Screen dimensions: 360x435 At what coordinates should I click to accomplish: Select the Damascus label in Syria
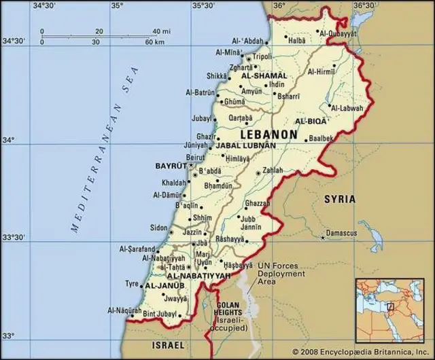pos(341,233)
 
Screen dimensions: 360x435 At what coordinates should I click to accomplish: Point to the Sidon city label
pos(158,228)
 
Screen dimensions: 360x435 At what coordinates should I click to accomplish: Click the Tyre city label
pos(132,283)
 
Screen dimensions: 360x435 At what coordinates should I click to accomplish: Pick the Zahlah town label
pos(272,170)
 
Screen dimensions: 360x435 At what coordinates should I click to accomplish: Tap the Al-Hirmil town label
pos(321,71)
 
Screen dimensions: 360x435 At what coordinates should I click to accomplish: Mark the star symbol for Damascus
pos(323,238)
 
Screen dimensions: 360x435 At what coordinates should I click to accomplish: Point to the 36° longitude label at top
pos(279,5)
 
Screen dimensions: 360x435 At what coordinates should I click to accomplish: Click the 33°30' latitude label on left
pos(14,238)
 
